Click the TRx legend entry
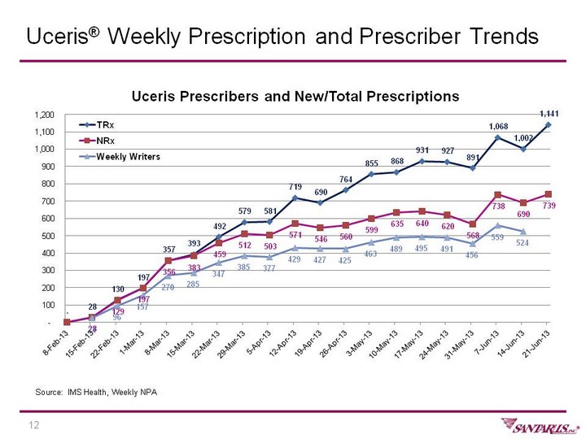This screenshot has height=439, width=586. tap(105, 126)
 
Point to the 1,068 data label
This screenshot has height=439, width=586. tap(499, 126)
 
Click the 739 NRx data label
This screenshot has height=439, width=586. tap(549, 207)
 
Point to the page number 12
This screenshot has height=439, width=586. tap(35, 425)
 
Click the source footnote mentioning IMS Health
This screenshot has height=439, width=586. tap(96, 393)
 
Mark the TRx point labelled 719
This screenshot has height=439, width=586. tap(295, 198)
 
